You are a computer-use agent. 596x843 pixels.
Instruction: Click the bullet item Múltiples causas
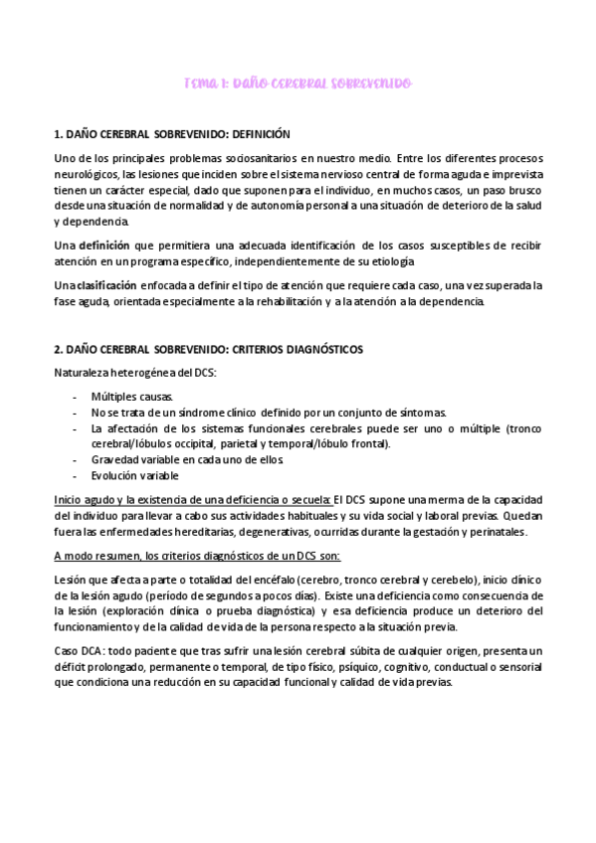coord(130,396)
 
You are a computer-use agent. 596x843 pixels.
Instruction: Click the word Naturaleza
coord(85,373)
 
